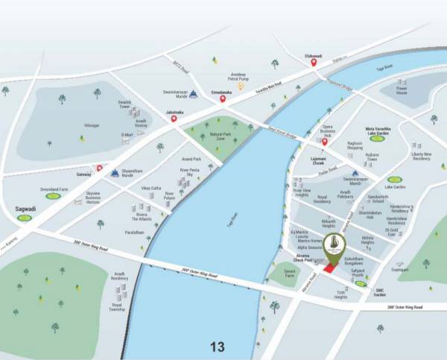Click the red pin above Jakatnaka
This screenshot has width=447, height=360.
(174, 118)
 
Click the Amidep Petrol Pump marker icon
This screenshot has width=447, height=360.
(240, 86)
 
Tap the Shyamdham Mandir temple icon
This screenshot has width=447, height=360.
(114, 173)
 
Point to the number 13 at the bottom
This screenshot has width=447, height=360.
(218, 347)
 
